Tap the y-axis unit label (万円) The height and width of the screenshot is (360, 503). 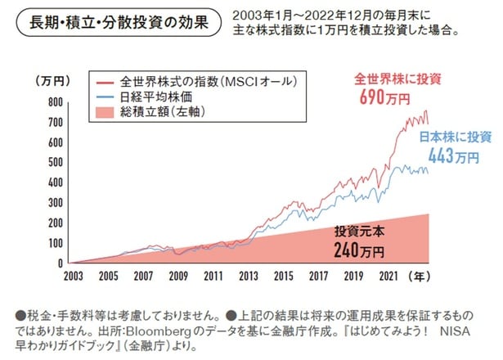click(52, 80)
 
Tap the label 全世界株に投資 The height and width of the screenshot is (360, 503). click(388, 80)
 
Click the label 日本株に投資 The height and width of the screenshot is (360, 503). click(454, 137)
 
